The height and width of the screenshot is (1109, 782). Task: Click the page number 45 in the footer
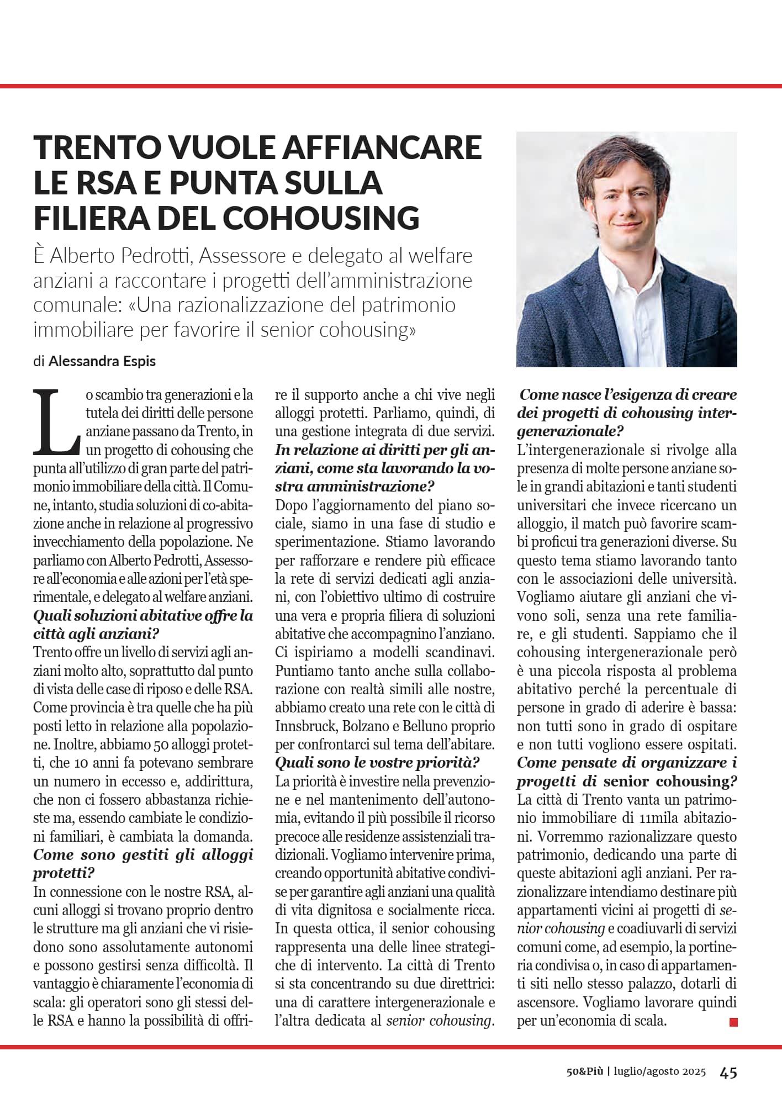click(728, 1073)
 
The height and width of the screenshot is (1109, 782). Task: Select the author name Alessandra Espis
click(102, 361)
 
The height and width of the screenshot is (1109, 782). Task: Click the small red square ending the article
click(733, 1021)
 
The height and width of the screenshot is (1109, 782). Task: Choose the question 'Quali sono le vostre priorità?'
click(377, 763)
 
